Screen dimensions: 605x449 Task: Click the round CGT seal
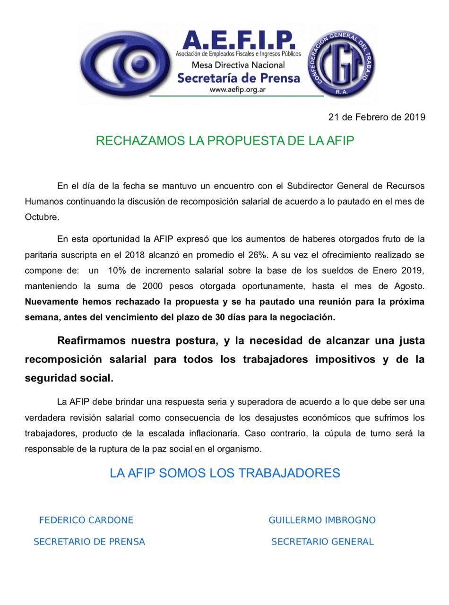point(341,63)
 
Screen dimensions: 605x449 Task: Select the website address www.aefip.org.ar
point(237,89)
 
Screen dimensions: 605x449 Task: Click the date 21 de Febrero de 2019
point(377,117)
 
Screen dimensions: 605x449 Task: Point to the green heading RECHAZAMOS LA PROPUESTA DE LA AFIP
point(225,141)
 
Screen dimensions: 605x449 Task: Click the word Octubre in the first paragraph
point(42,217)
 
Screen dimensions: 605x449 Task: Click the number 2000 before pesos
point(153,286)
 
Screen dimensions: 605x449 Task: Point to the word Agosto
point(408,286)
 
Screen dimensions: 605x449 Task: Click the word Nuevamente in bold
point(52,302)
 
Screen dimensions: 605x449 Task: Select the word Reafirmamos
point(98,341)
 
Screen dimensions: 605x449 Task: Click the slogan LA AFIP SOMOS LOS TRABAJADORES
point(225,473)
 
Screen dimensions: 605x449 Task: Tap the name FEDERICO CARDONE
point(86,520)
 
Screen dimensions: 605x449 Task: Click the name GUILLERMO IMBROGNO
point(322,520)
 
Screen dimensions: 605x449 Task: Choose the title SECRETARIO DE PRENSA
point(89,542)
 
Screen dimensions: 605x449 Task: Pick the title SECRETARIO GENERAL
point(322,542)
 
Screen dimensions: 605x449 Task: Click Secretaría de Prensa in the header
point(238,78)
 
